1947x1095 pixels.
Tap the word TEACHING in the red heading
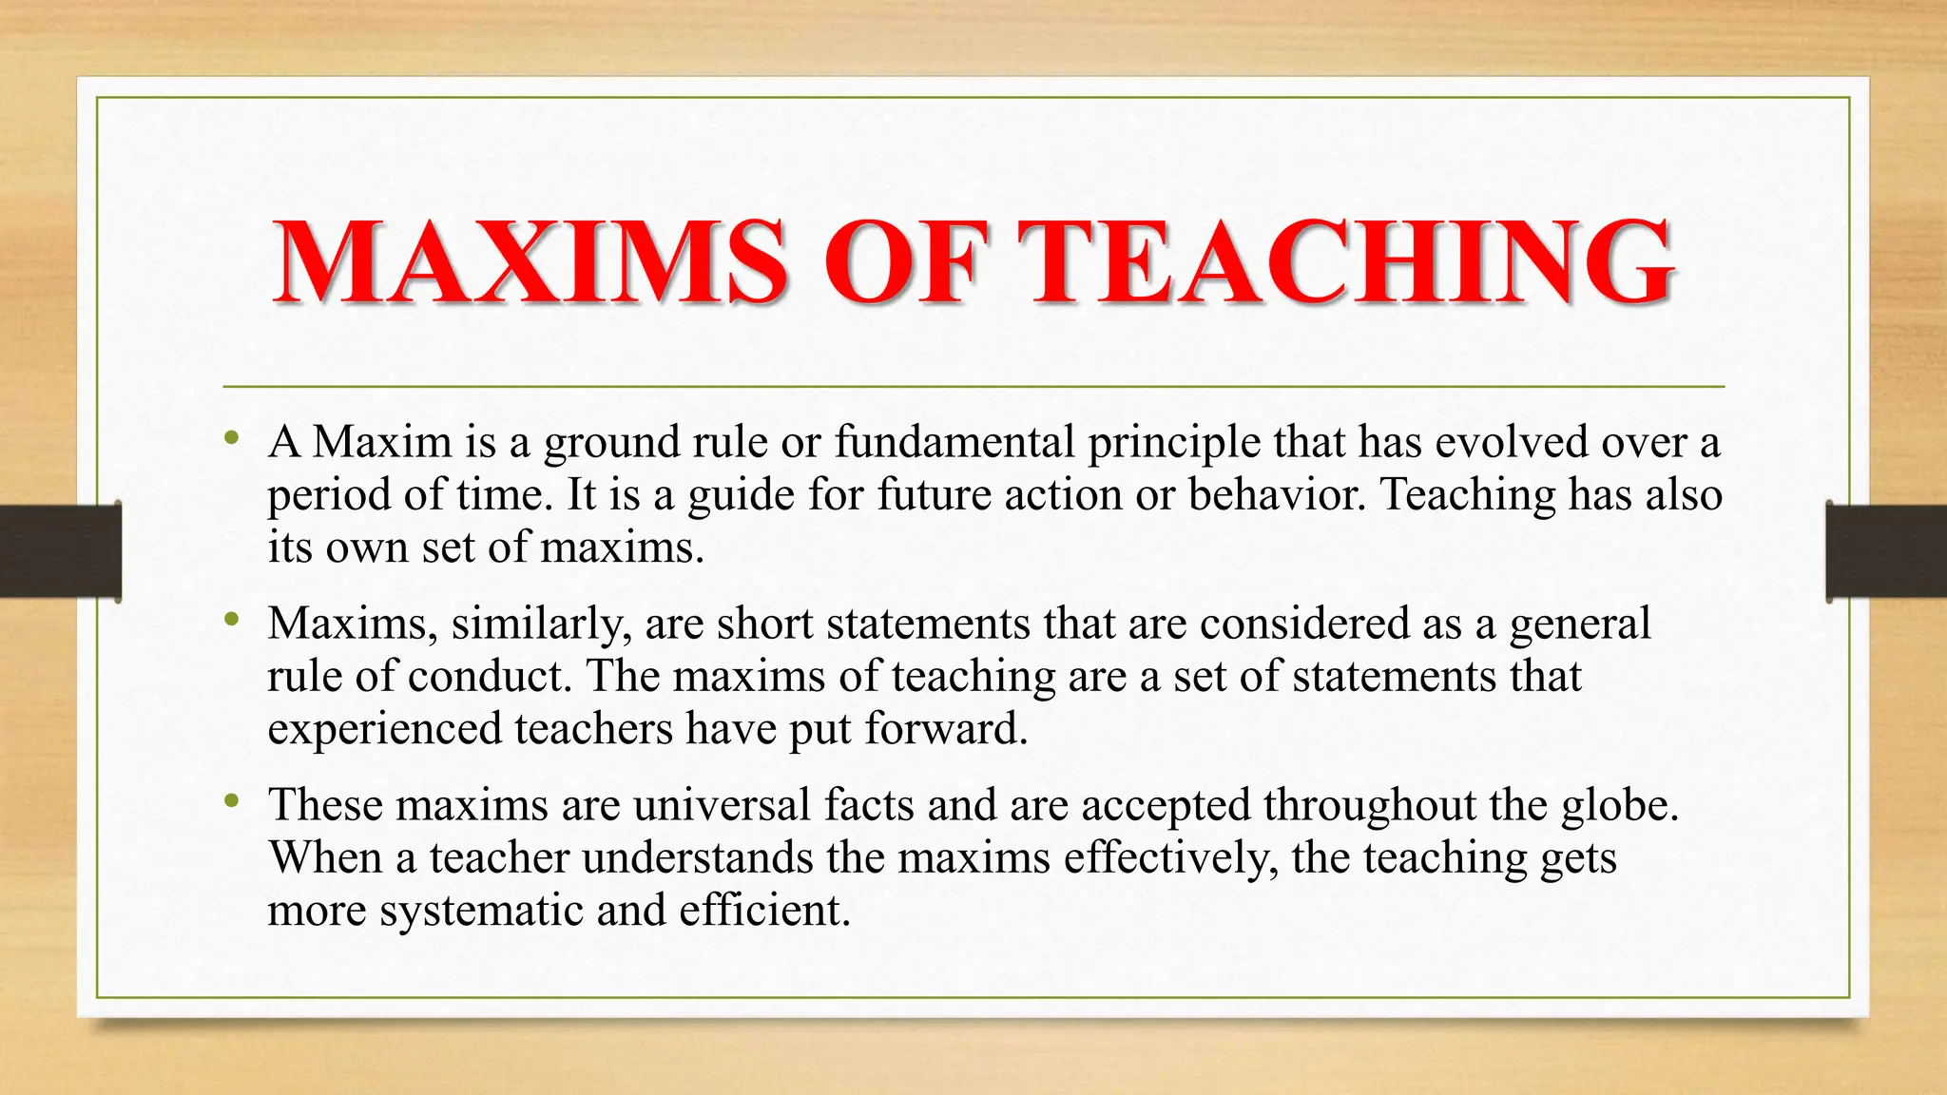[x=1350, y=261]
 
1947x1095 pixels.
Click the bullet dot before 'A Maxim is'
[x=232, y=439]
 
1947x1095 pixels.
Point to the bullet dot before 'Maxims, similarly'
[x=232, y=621]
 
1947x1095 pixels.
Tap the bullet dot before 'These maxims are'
[x=232, y=802]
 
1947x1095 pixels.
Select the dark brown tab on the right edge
[x=1886, y=551]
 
